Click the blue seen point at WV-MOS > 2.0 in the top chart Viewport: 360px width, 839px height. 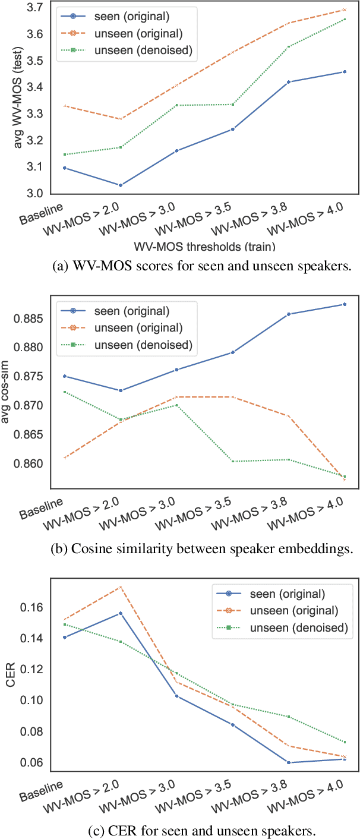pyautogui.click(x=121, y=185)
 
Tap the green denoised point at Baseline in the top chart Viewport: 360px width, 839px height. pyautogui.click(x=64, y=154)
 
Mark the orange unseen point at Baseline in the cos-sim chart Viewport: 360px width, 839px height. pyautogui.click(x=64, y=458)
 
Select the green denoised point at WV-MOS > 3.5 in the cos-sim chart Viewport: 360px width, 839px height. pyautogui.click(x=232, y=461)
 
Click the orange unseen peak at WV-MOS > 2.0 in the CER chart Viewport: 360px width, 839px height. pyautogui.click(x=121, y=587)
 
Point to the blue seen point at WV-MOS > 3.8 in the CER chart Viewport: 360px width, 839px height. pyautogui.click(x=288, y=762)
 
